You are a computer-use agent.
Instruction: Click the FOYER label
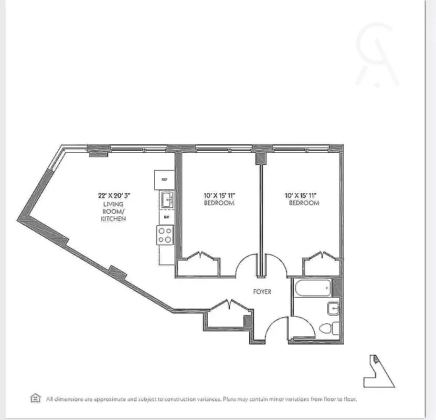coord(262,292)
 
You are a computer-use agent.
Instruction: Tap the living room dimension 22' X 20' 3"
coord(114,195)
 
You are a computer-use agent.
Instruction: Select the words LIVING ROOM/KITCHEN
coord(113,211)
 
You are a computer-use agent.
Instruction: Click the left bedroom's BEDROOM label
coord(219,203)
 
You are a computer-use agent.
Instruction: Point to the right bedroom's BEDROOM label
coord(304,203)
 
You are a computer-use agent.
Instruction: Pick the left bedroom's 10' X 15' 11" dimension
coord(219,195)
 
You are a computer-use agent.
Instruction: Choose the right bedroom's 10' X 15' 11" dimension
coord(304,195)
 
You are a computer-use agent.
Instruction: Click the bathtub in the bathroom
coord(313,288)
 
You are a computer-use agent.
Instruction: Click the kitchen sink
coord(167,199)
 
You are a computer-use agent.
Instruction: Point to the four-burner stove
coord(165,234)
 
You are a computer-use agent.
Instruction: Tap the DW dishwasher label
coord(166,217)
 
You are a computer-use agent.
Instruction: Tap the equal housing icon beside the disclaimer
coord(36,398)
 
